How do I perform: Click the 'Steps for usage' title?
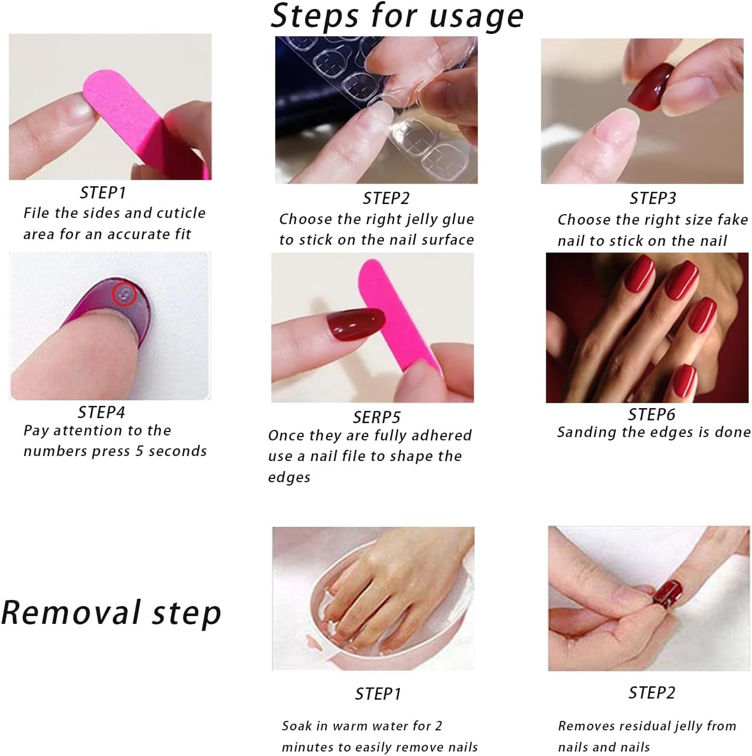(x=397, y=16)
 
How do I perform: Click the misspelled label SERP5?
(x=377, y=417)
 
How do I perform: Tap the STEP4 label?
(x=101, y=412)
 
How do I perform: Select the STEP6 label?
(x=651, y=414)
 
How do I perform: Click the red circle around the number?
(x=125, y=294)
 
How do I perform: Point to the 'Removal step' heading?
(x=111, y=613)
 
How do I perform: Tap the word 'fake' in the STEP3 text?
(x=733, y=220)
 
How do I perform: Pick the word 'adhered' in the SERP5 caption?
(x=443, y=435)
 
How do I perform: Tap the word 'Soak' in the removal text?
(x=297, y=726)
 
